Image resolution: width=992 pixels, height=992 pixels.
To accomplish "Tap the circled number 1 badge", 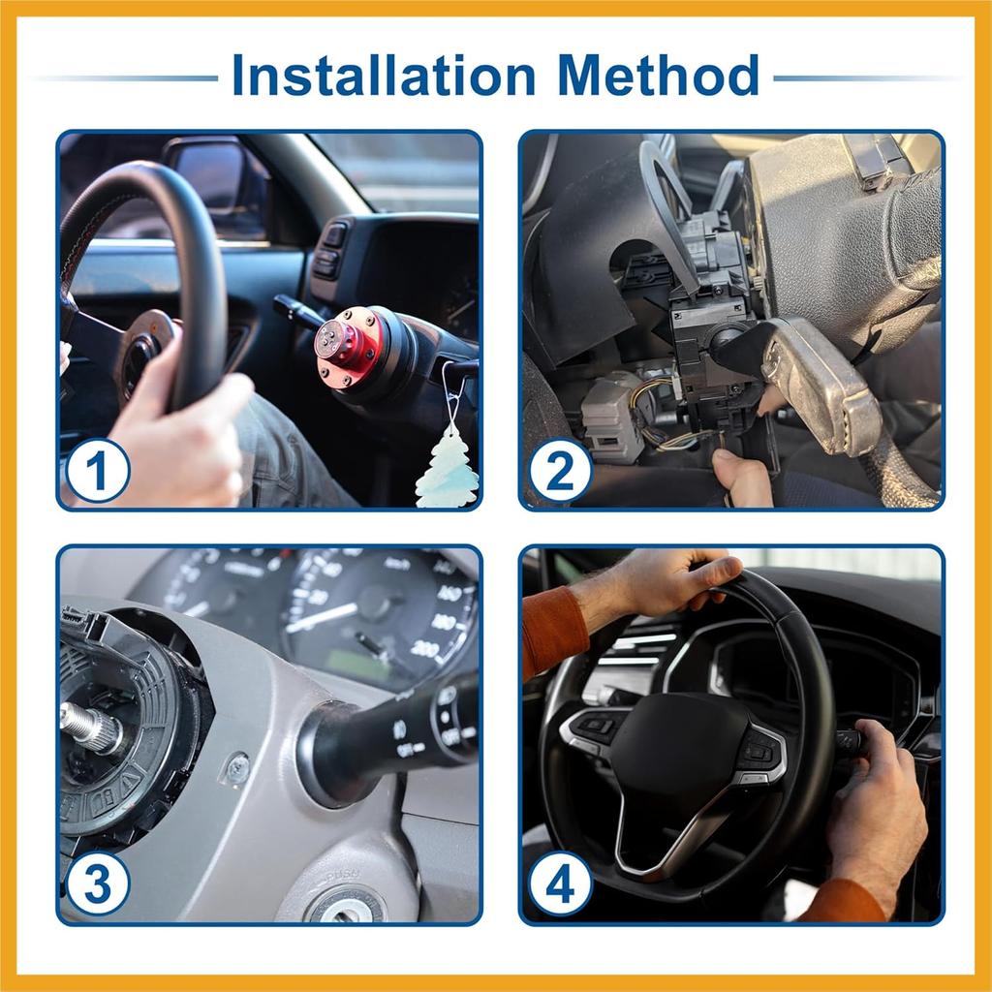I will click(98, 470).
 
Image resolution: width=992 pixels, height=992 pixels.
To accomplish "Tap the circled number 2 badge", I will click(560, 471).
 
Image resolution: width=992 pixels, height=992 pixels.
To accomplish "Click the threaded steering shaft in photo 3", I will click(92, 726).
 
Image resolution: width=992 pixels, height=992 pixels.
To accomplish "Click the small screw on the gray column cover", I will click(235, 768).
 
